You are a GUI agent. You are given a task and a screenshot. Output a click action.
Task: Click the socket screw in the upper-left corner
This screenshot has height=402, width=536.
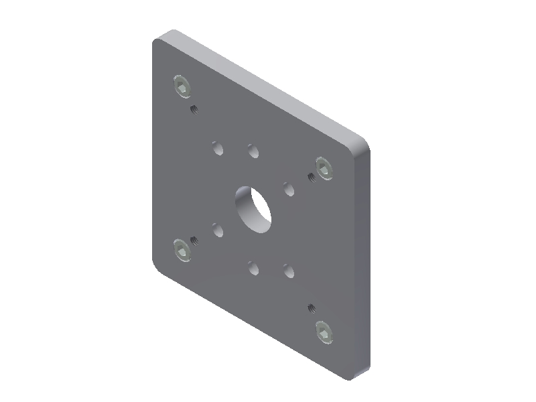(182, 87)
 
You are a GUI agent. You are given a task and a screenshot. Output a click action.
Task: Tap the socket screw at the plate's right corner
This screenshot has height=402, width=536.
(324, 168)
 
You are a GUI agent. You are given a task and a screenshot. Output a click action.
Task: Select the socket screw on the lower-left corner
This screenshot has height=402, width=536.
(182, 249)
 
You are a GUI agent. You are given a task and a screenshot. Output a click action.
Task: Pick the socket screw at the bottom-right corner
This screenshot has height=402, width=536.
(324, 331)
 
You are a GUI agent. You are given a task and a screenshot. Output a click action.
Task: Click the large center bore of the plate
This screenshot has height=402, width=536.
(253, 208)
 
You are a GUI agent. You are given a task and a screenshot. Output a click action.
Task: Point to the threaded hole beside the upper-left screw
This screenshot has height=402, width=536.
(195, 109)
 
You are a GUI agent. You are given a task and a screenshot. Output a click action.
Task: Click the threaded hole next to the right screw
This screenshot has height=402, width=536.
(312, 176)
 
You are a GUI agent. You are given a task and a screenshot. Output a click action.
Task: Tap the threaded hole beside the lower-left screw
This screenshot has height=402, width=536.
(195, 240)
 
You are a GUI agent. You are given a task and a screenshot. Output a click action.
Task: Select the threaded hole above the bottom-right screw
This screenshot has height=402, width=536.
(312, 308)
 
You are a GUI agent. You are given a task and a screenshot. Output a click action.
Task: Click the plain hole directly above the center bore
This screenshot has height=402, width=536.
(253, 151)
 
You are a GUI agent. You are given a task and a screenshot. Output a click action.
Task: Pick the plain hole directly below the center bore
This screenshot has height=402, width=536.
(253, 269)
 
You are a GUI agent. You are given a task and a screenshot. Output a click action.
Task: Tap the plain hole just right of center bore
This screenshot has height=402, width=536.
(289, 189)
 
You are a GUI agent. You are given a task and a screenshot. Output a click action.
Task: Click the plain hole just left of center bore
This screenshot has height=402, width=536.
(217, 230)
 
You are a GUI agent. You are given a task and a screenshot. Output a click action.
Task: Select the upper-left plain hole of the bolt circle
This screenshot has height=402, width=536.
(217, 147)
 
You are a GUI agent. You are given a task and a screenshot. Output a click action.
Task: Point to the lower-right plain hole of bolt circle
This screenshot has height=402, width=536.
(289, 271)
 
